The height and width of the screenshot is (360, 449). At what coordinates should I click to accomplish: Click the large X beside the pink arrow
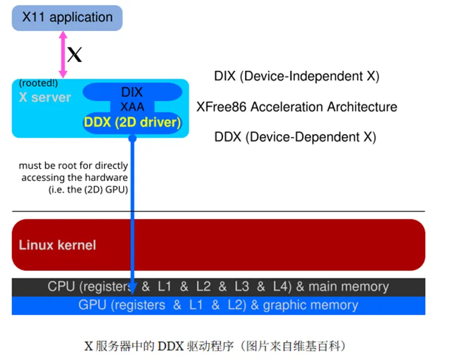coord(75,55)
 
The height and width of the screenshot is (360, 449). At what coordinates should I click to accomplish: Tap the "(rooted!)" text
coord(38,84)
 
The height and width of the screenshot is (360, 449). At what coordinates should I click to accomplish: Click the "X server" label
coord(45,97)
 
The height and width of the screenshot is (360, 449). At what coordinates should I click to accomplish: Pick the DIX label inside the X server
coord(132,92)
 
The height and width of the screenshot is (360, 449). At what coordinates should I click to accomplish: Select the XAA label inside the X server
coord(132,107)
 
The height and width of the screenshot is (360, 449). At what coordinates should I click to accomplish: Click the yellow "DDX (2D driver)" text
coord(132,122)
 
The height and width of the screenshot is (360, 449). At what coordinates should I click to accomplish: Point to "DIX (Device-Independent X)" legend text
coord(297,76)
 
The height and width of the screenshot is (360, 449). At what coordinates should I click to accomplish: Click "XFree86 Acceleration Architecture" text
coord(297,107)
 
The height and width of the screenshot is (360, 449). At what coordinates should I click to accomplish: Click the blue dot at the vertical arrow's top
coord(132,138)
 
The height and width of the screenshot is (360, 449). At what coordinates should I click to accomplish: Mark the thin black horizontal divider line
coord(218,212)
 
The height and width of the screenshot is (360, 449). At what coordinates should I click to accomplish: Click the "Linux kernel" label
coord(57,245)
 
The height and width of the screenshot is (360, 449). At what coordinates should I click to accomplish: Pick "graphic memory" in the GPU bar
coord(310,305)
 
